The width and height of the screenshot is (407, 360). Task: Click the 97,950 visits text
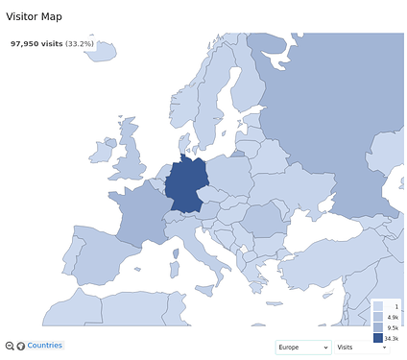click(x=36, y=43)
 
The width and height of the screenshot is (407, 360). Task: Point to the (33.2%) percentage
click(x=80, y=43)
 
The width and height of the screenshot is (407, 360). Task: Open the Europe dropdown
click(x=302, y=347)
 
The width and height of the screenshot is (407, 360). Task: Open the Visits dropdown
click(x=361, y=347)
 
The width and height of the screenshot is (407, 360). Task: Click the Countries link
click(x=45, y=346)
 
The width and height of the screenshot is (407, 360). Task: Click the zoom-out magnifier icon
click(x=10, y=346)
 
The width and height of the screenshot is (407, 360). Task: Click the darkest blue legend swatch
click(x=378, y=338)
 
